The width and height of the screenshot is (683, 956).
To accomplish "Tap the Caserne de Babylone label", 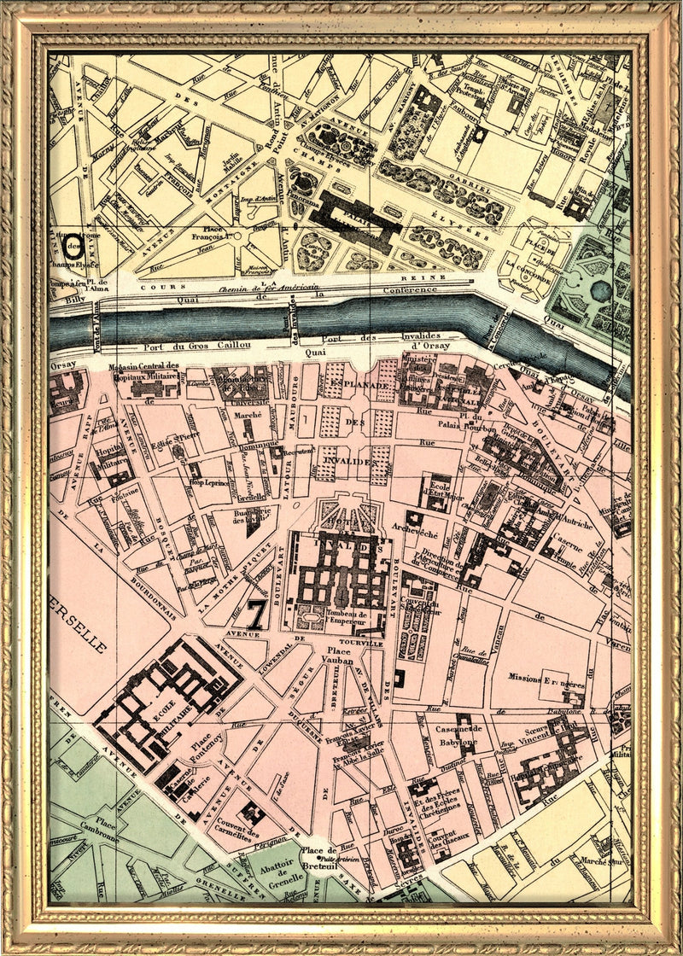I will (x=459, y=735).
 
